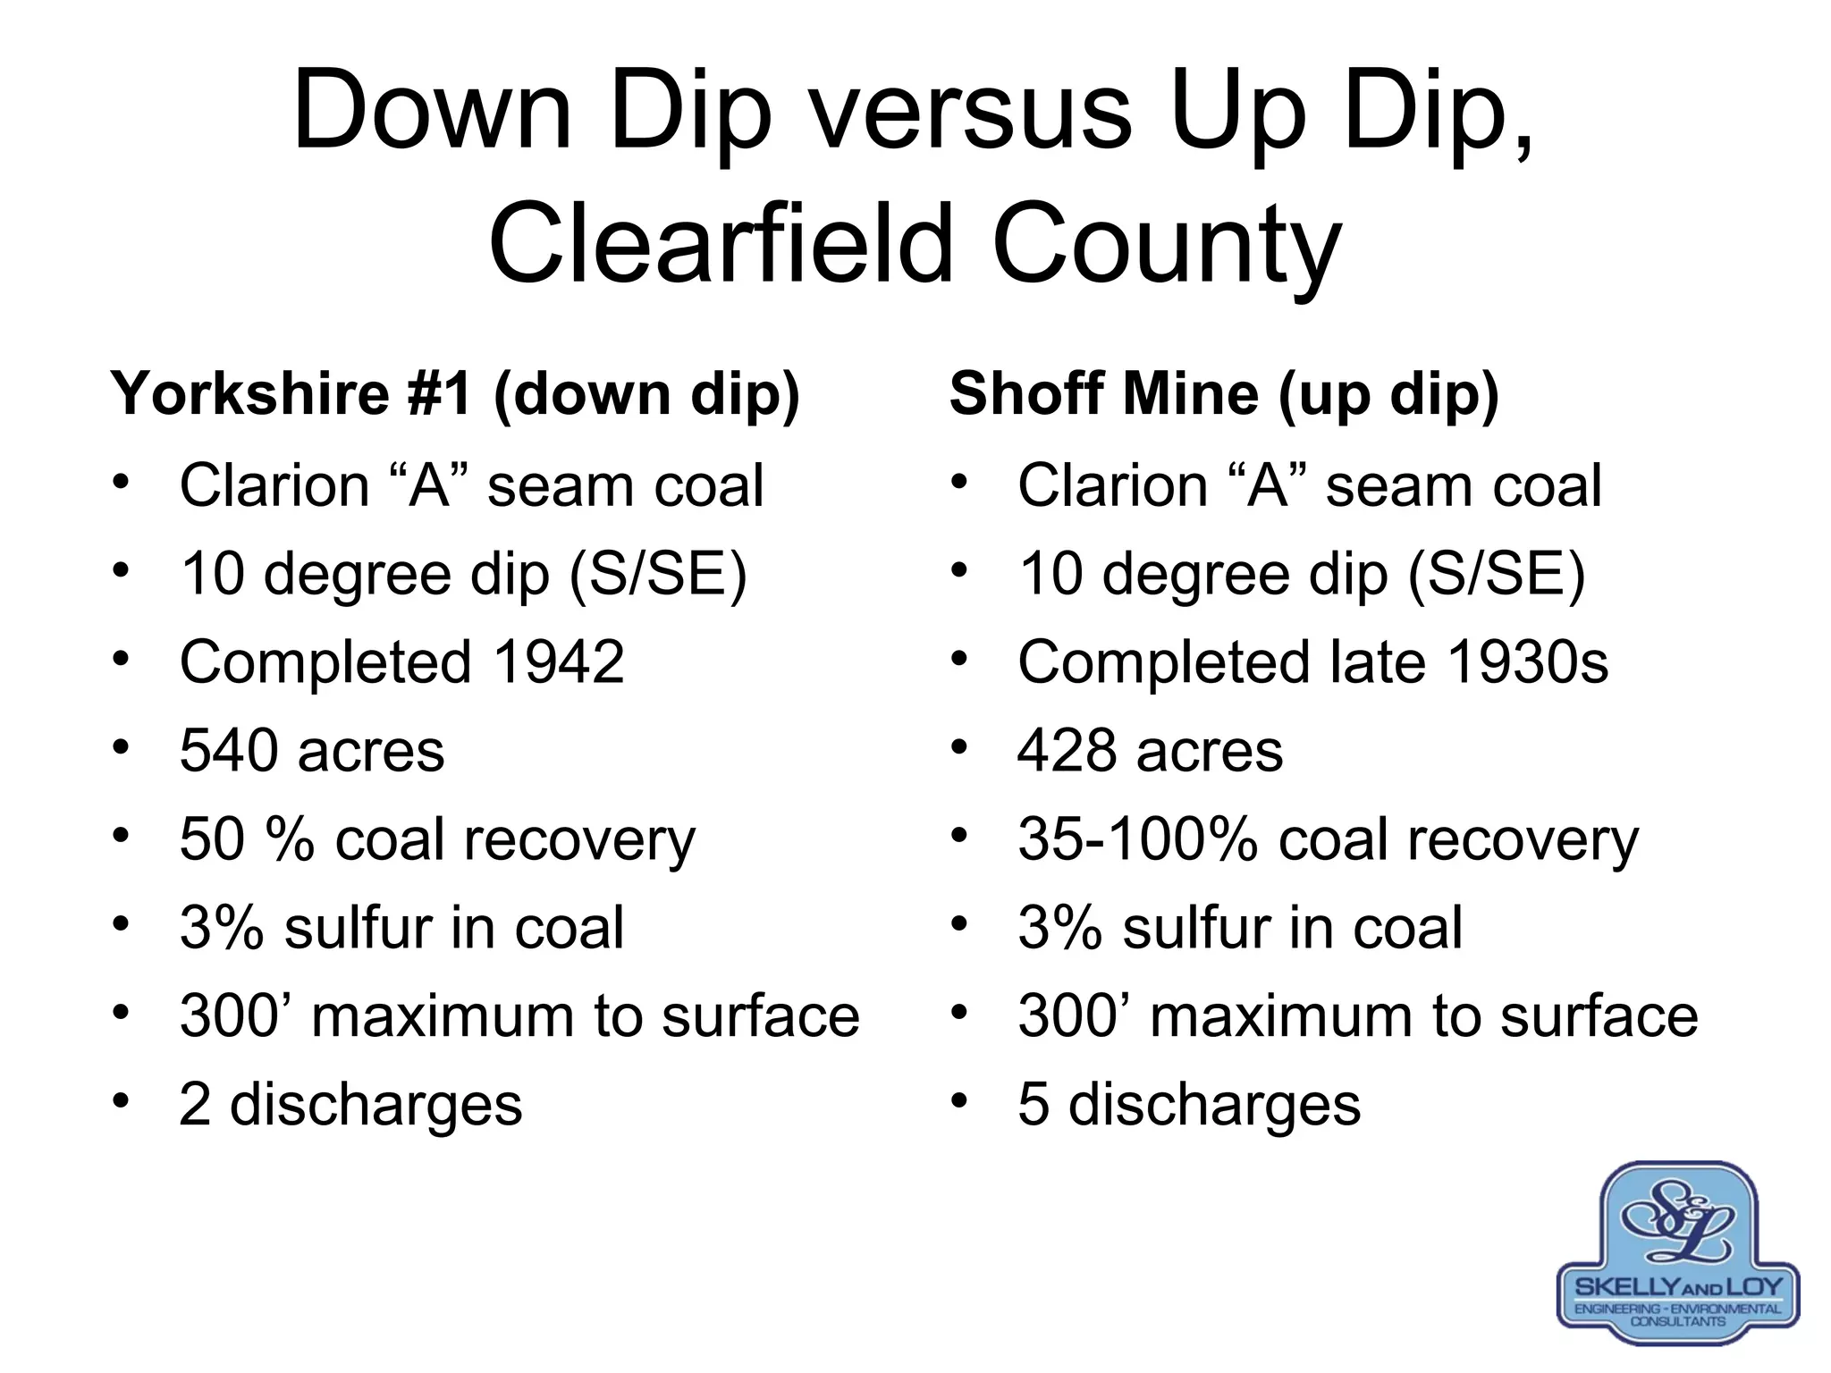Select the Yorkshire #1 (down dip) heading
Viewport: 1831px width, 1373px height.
(x=455, y=393)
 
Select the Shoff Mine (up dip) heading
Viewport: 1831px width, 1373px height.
(x=1223, y=393)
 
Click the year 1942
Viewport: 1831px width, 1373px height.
(x=558, y=662)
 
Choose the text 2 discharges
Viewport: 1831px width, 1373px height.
(x=350, y=1105)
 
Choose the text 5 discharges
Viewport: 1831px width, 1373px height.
(x=1189, y=1105)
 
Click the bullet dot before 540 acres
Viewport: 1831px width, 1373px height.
(x=122, y=745)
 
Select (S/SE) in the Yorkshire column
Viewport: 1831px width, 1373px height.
(x=657, y=574)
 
